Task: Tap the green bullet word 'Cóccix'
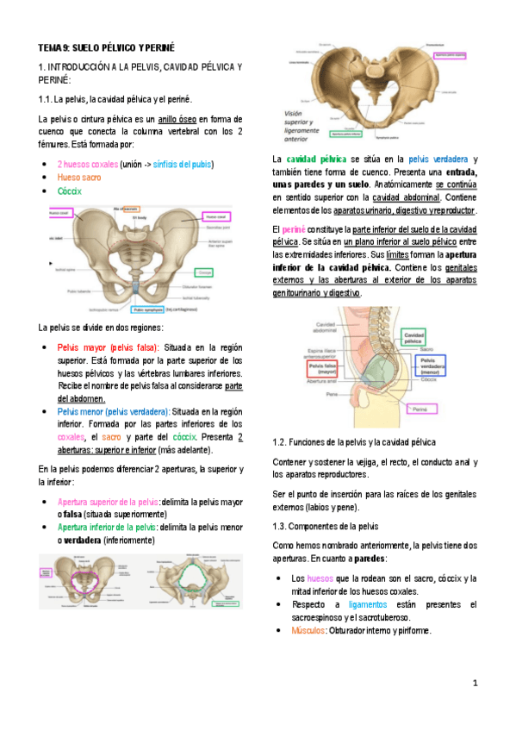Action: (70, 191)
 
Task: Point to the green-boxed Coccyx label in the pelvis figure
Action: (203, 271)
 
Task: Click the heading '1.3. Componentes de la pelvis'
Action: (325, 526)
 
